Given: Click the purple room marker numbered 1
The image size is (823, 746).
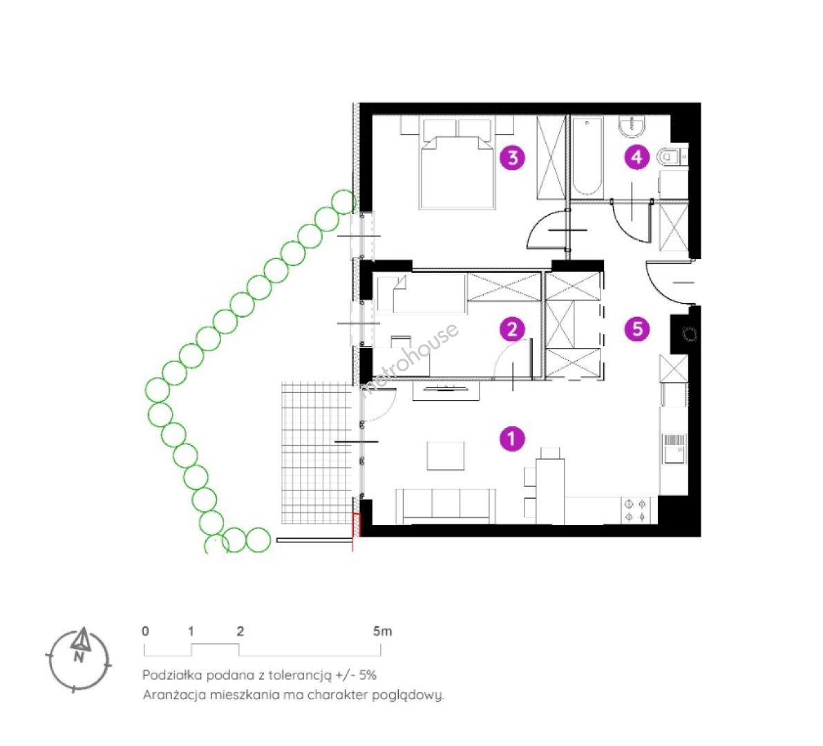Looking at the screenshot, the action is pyautogui.click(x=512, y=438).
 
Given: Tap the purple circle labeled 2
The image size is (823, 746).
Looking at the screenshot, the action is pyautogui.click(x=512, y=329).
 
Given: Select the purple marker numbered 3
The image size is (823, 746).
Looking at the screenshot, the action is pyautogui.click(x=513, y=157).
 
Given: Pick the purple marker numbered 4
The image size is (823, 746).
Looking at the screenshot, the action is pyautogui.click(x=636, y=157).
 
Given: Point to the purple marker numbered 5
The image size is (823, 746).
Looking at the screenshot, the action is pyautogui.click(x=637, y=329).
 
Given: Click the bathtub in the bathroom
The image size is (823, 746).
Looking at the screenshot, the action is pyautogui.click(x=587, y=157).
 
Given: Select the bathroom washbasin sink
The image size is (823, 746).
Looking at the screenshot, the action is pyautogui.click(x=632, y=126).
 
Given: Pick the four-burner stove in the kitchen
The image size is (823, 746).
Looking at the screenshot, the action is pyautogui.click(x=636, y=510).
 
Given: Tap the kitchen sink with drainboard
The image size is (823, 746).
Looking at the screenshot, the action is pyautogui.click(x=674, y=448).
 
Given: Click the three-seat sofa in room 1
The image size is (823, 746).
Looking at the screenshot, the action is pyautogui.click(x=446, y=506).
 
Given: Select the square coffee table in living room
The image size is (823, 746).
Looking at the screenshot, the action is pyautogui.click(x=446, y=455).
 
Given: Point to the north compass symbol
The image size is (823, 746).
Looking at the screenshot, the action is pyautogui.click(x=79, y=659).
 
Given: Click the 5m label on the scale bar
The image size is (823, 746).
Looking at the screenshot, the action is pyautogui.click(x=383, y=631).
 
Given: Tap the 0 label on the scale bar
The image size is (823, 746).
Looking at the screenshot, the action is pyautogui.click(x=145, y=631).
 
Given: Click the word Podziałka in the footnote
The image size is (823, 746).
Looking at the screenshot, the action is pyautogui.click(x=171, y=675).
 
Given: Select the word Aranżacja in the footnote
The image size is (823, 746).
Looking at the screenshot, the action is pyautogui.click(x=174, y=695).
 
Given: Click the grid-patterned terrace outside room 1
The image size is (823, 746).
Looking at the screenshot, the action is pyautogui.click(x=316, y=453).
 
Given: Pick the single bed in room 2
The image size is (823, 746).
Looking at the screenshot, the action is pyautogui.click(x=421, y=294).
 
